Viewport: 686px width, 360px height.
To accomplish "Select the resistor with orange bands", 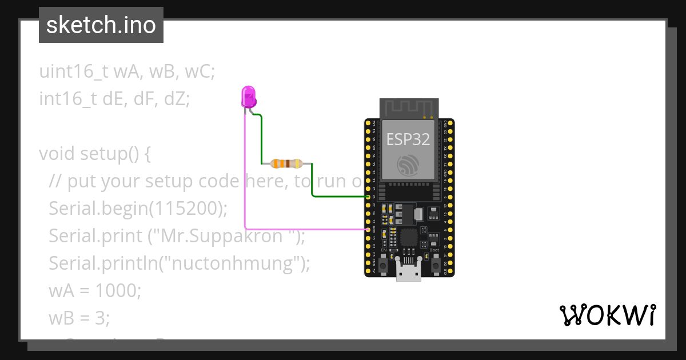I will tap(286, 164).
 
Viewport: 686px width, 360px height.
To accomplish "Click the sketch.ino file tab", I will tap(101, 25).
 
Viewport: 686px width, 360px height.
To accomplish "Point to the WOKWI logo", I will tap(607, 315).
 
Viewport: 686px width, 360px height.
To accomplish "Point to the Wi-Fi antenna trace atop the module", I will tap(408, 109).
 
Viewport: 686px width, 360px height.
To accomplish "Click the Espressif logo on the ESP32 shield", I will tap(408, 164).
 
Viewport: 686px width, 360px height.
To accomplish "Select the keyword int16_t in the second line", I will tap(69, 99).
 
